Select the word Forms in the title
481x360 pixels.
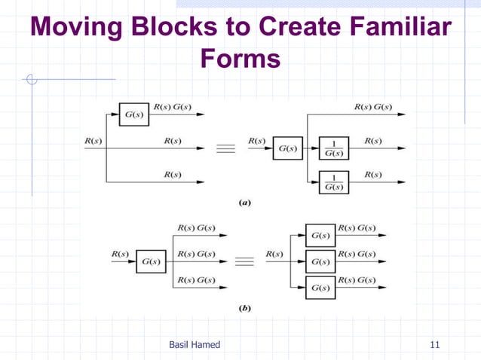click(x=240, y=59)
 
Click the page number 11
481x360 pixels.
click(x=434, y=345)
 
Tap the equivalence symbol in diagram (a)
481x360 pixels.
click(x=226, y=148)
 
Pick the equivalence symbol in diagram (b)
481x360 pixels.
click(x=244, y=261)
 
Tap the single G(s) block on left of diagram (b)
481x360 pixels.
click(x=152, y=261)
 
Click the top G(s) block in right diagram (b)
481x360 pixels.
click(x=320, y=235)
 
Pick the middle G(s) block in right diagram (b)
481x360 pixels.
click(x=320, y=261)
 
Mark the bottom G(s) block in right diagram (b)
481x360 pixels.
click(x=320, y=288)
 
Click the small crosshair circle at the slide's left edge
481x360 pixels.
click(x=31, y=78)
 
